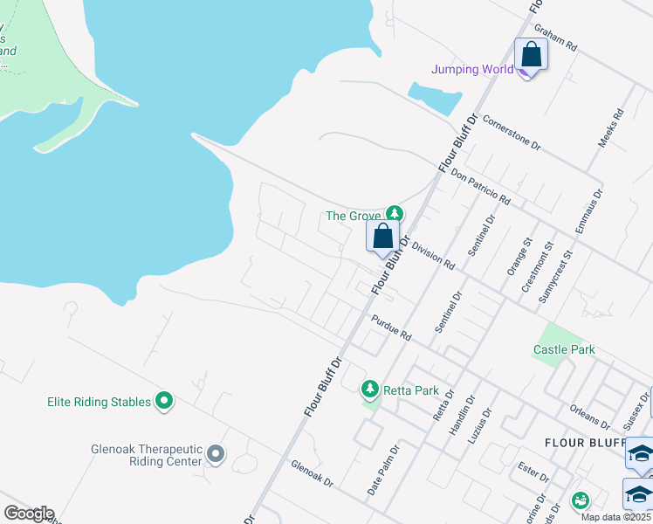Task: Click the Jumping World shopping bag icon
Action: (x=531, y=55)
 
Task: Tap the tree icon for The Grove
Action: (x=395, y=213)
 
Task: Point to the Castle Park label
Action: (x=564, y=349)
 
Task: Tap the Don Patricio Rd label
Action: (x=480, y=187)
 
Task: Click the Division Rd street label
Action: (x=433, y=256)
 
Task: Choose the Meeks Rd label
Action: (x=610, y=128)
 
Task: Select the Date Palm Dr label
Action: (x=382, y=472)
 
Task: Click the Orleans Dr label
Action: (x=592, y=412)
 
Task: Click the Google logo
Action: (x=28, y=514)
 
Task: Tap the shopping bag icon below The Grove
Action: (x=382, y=236)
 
